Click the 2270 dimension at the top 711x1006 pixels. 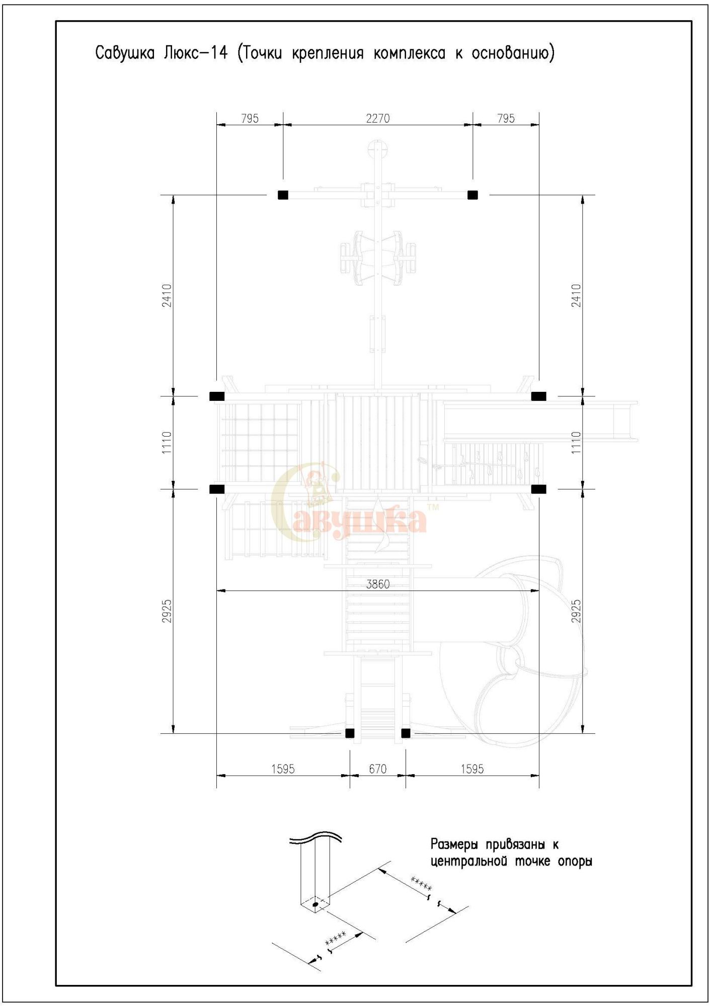[x=377, y=118]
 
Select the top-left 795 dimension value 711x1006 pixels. [x=250, y=118]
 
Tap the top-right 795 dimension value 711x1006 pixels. [x=506, y=118]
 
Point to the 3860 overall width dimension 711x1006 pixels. [x=377, y=584]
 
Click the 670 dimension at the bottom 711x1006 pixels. [x=377, y=769]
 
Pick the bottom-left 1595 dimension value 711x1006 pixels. [x=283, y=769]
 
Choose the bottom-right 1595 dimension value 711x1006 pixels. [x=472, y=769]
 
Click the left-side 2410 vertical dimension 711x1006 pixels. [x=167, y=295]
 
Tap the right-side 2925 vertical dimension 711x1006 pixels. [x=576, y=611]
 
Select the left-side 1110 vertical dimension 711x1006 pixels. [x=167, y=442]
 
